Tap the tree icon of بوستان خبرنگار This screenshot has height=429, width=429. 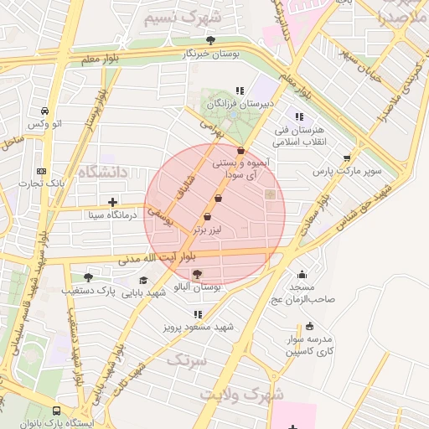click(210, 39)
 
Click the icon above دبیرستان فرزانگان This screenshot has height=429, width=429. click(240, 90)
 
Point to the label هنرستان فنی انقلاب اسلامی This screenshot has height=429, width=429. click(302, 137)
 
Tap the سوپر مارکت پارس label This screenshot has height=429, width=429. click(348, 171)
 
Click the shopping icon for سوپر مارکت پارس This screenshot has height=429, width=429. click(347, 158)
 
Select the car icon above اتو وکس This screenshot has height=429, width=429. click(44, 111)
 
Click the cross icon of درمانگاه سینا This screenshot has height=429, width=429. click(113, 201)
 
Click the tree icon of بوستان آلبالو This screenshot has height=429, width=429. click(197, 274)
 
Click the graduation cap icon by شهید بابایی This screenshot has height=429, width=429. click(143, 280)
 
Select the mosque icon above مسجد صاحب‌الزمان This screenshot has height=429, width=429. click(302, 274)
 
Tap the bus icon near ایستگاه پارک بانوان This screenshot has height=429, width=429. click(56, 411)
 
